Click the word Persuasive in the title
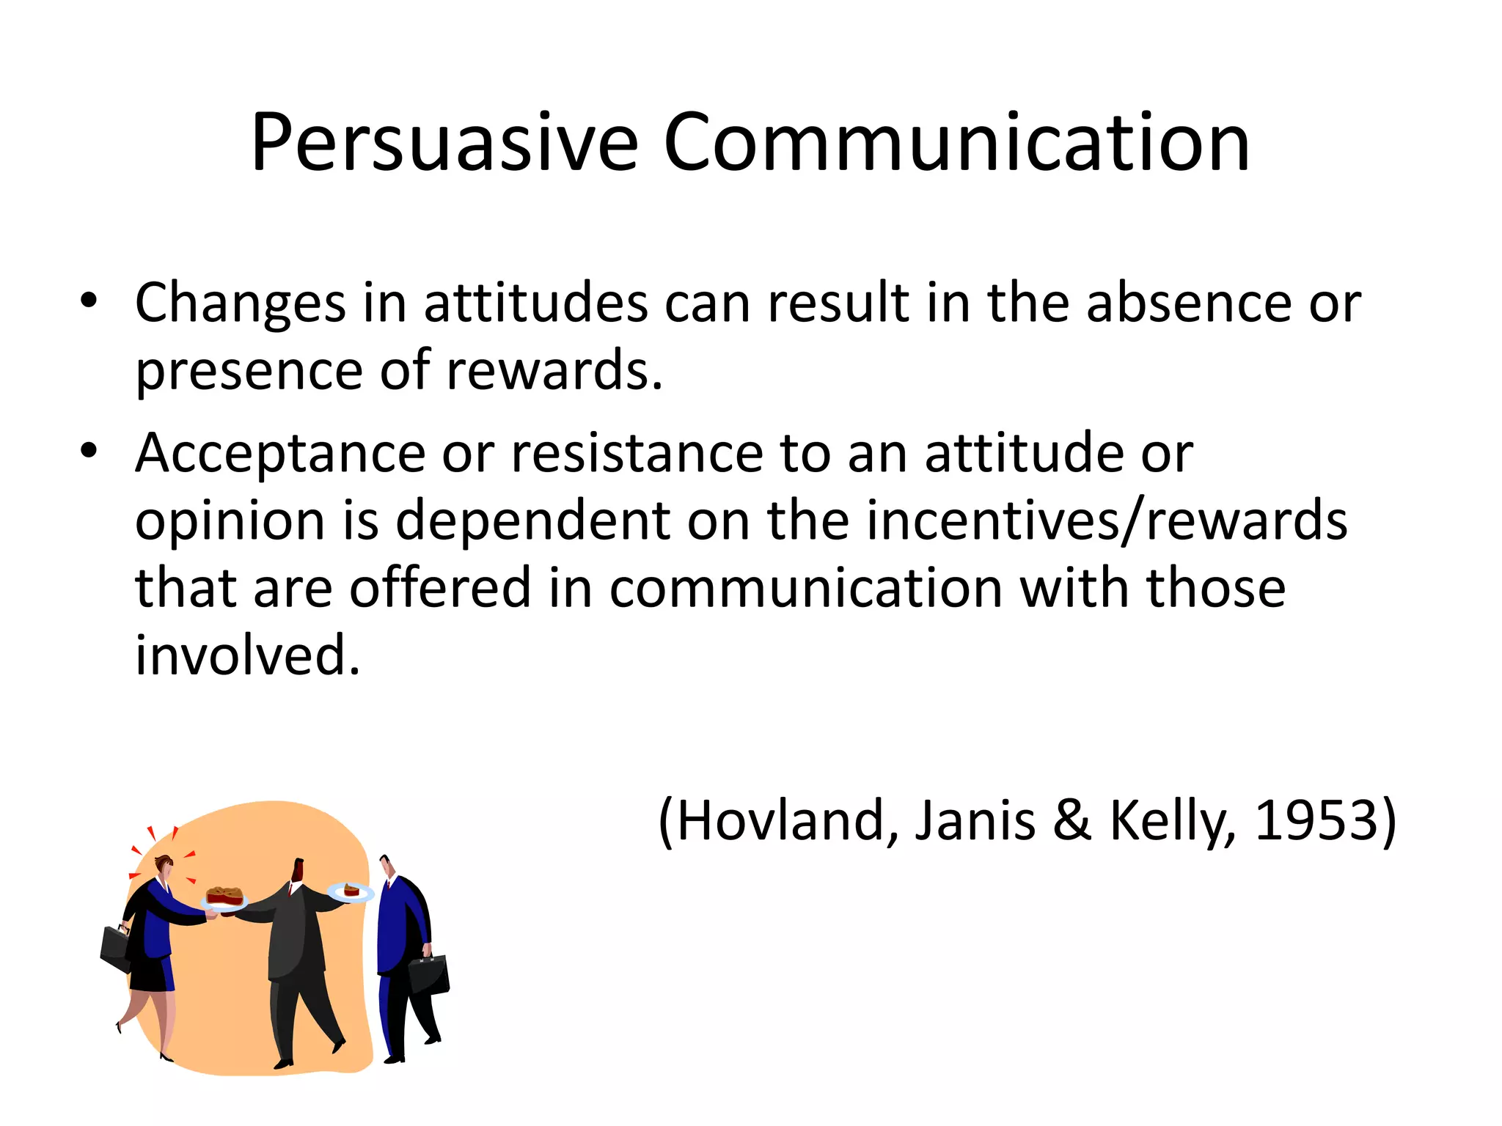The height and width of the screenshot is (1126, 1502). pos(444,143)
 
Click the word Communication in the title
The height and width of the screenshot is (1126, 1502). pos(956,143)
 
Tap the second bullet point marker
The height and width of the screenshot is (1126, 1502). pos(89,451)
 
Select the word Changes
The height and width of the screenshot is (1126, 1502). pos(240,303)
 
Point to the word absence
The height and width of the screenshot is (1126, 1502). pos(1188,302)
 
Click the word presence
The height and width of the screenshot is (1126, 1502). pos(249,371)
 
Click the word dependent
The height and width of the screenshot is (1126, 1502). pos(532,520)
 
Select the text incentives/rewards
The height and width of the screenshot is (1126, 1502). pos(1106,520)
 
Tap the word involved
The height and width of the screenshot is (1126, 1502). pos(247,655)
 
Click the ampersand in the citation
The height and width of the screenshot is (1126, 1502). pos(1071,821)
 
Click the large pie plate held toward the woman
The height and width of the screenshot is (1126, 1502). pos(224,898)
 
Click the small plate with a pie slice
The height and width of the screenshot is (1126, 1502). pos(351,892)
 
